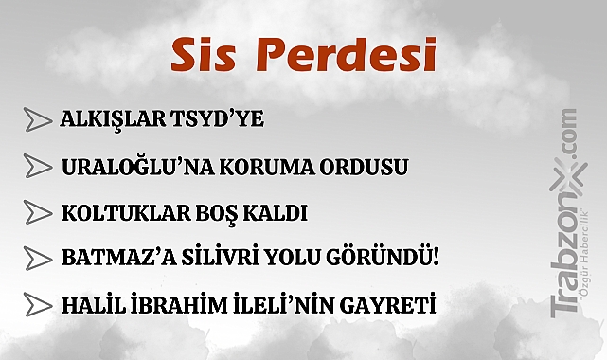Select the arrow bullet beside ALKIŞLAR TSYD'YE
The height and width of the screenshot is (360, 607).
click(37, 119)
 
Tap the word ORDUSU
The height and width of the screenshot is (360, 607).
click(364, 167)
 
